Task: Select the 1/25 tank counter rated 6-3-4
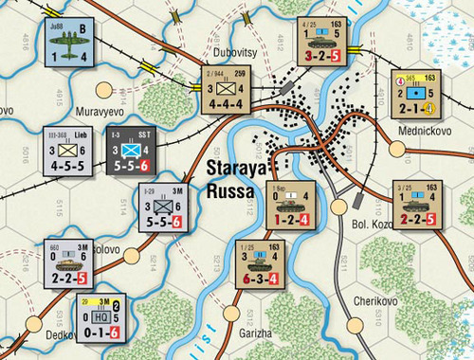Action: [x=260, y=264]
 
